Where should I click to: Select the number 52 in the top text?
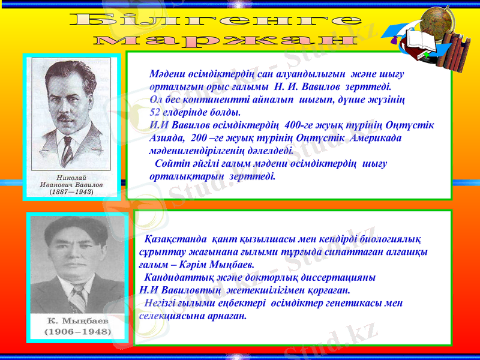(x=154, y=112)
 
